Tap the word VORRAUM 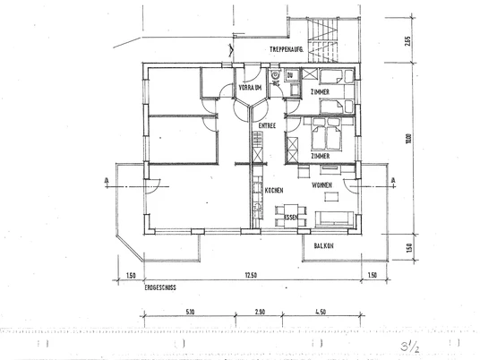tap(250, 87)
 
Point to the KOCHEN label tap(274, 191)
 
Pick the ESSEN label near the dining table tap(289, 218)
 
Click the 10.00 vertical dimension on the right tap(407, 139)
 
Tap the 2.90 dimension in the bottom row tap(260, 313)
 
